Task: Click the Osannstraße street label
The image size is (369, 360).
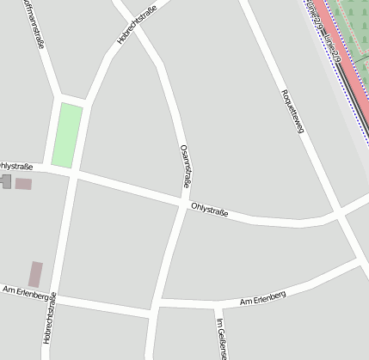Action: [x=185, y=166]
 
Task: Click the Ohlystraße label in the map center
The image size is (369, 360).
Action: [x=209, y=209]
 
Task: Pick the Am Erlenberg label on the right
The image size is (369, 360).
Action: [x=262, y=298]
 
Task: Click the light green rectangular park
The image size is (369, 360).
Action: [x=67, y=135]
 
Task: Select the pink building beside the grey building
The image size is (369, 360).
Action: [x=23, y=183]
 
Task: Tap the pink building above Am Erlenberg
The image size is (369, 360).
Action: [x=35, y=274]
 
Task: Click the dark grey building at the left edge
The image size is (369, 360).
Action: [x=5, y=181]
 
